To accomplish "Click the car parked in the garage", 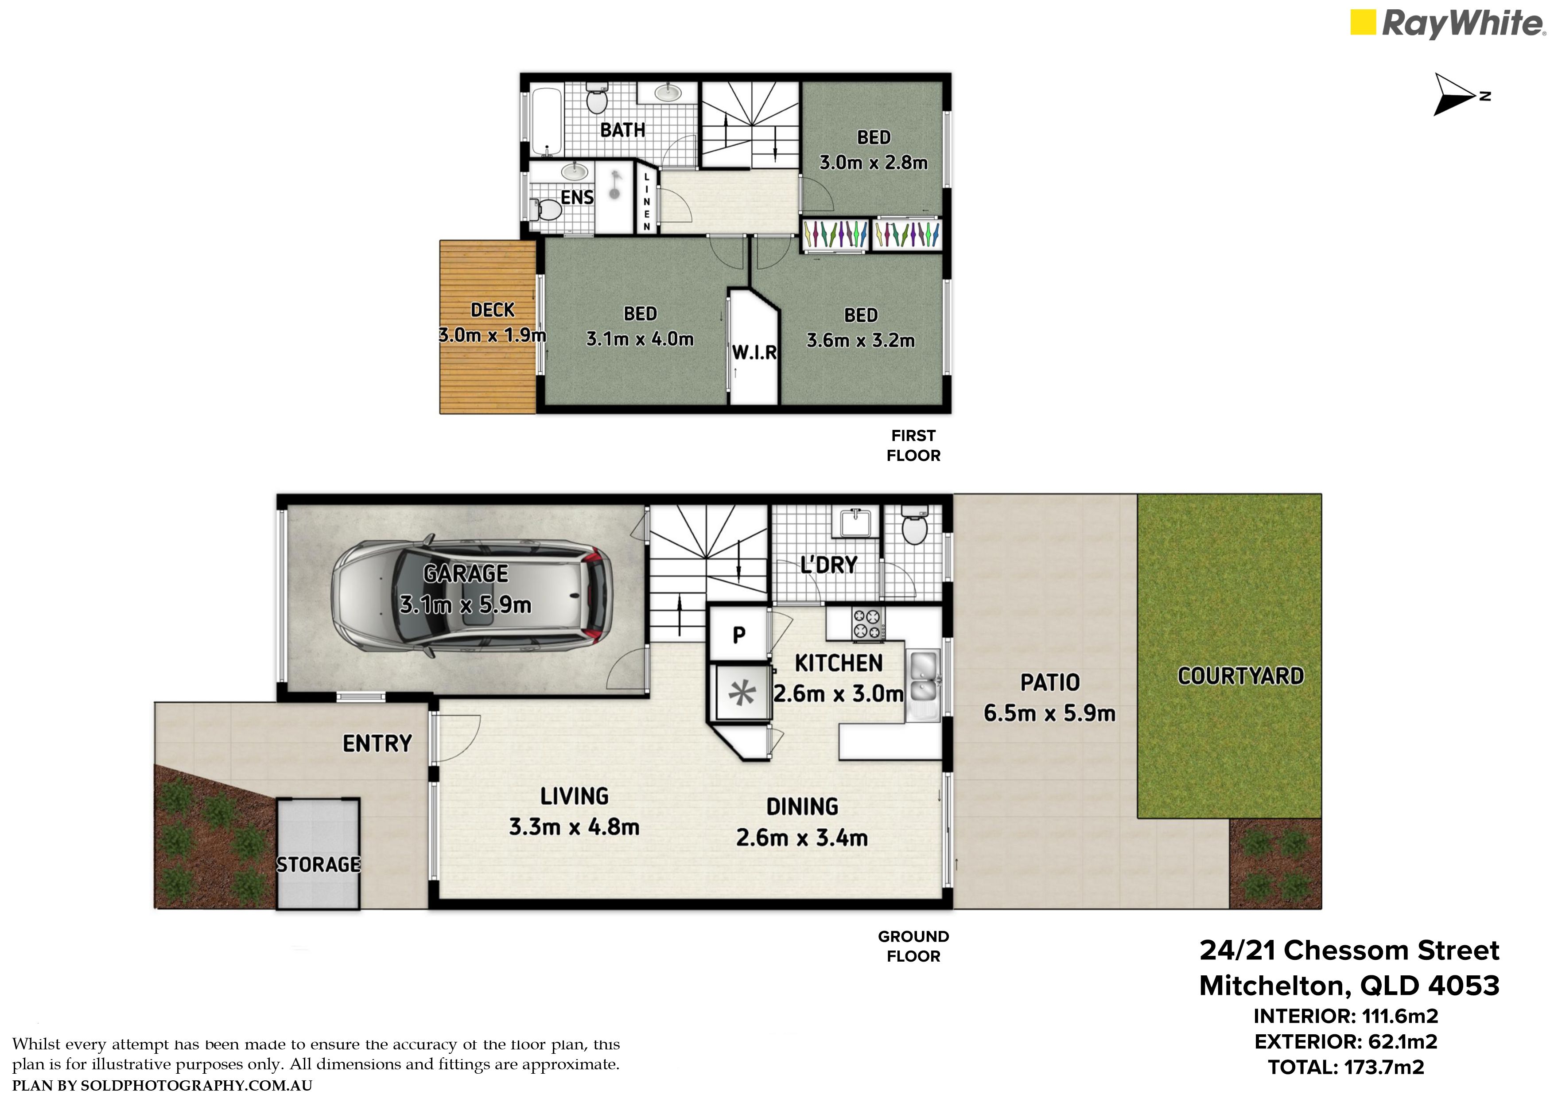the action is coord(472,596).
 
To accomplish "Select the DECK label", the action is coord(493,310).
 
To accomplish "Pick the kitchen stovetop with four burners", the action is coord(868,624).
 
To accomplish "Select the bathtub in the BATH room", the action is coord(545,122).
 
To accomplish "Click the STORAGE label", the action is coord(319,865).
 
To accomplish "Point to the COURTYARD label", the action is coord(1241,676).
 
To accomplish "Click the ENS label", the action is coord(577,197).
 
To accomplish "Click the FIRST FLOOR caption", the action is coord(914,445).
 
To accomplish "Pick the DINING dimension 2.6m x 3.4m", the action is coord(802,838).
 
